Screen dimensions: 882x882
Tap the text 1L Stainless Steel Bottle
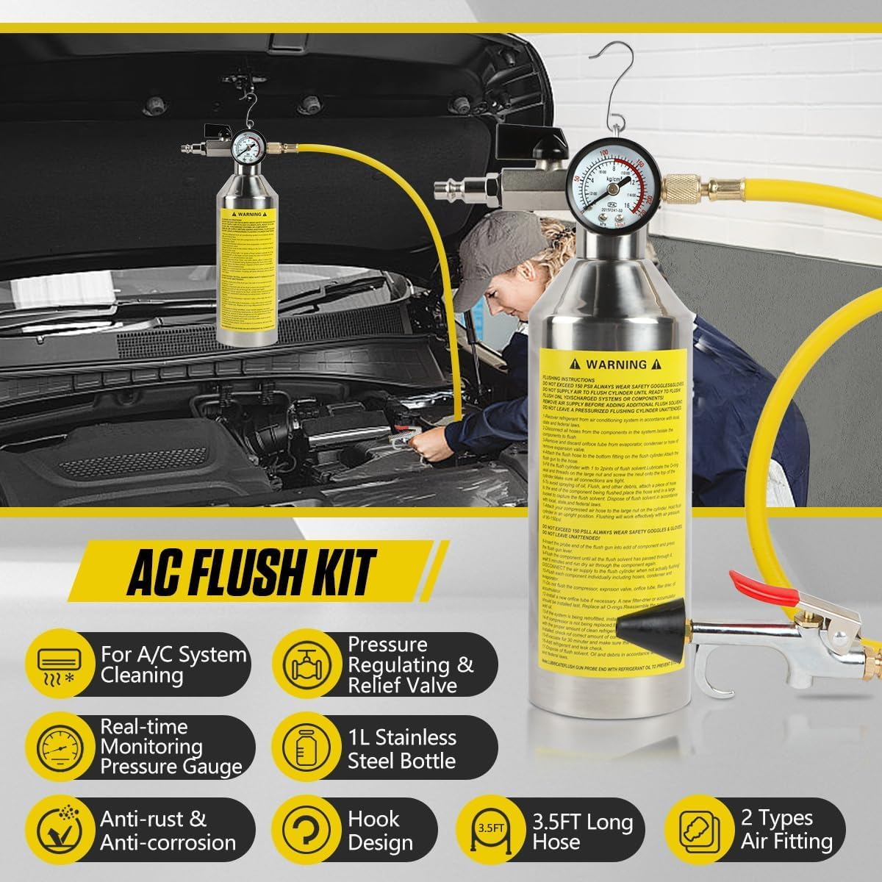(x=402, y=748)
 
